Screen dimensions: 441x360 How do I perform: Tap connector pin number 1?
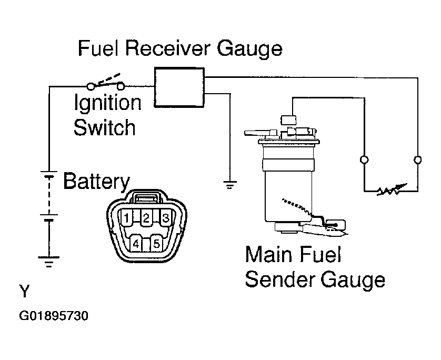[126, 218]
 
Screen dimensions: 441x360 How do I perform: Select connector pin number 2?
[146, 218]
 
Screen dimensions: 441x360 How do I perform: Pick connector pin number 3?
[166, 218]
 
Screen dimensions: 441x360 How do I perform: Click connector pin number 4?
[136, 244]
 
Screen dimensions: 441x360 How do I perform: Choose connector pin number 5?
[156, 244]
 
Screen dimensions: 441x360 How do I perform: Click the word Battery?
[96, 182]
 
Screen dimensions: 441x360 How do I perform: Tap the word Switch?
[104, 128]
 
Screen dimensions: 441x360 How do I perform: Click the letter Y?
[24, 291]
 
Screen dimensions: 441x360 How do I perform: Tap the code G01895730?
[54, 316]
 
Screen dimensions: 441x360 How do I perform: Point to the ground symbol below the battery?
[48, 261]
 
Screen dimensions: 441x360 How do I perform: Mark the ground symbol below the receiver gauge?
[230, 185]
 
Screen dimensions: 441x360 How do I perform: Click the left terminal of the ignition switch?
[91, 86]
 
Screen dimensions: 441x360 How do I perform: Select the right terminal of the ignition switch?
[121, 86]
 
